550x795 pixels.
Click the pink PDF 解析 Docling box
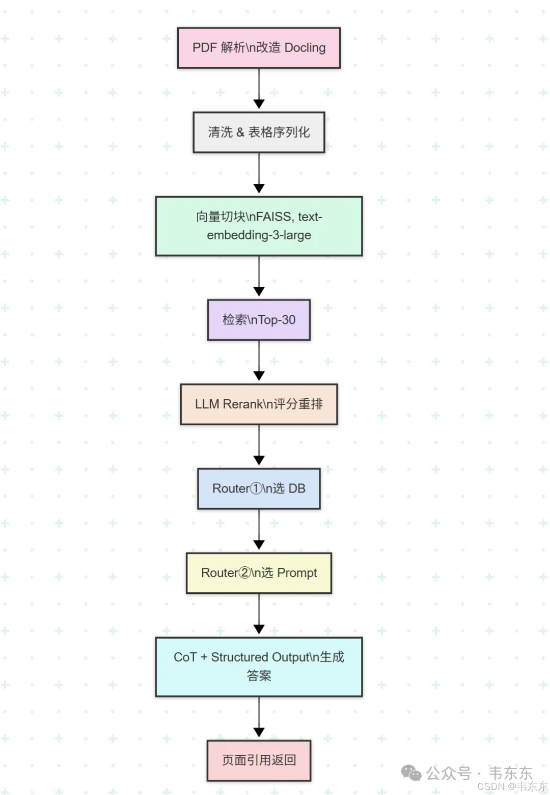click(x=259, y=48)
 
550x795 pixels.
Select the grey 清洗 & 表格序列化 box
click(x=259, y=132)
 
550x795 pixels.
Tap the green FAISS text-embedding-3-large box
click(x=259, y=226)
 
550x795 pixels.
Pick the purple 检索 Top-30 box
click(x=259, y=320)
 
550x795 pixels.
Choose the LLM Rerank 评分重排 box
click(x=259, y=404)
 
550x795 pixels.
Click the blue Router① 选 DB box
click(x=259, y=489)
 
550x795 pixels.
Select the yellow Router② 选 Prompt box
click(x=259, y=573)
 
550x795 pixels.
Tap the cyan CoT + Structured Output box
click(x=259, y=667)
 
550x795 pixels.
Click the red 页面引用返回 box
click(x=259, y=760)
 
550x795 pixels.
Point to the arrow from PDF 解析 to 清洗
click(x=259, y=89)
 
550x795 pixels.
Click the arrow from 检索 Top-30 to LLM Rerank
click(x=259, y=361)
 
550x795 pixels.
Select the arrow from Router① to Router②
click(x=259, y=530)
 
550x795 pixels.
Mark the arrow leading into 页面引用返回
click(x=259, y=718)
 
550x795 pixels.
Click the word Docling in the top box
click(x=305, y=48)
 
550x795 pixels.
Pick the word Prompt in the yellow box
click(x=297, y=573)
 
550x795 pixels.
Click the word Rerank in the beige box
click(x=242, y=404)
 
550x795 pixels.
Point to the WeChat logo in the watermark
click(x=411, y=773)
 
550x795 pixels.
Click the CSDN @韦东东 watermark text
click(x=512, y=786)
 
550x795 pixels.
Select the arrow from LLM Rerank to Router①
click(x=259, y=446)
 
